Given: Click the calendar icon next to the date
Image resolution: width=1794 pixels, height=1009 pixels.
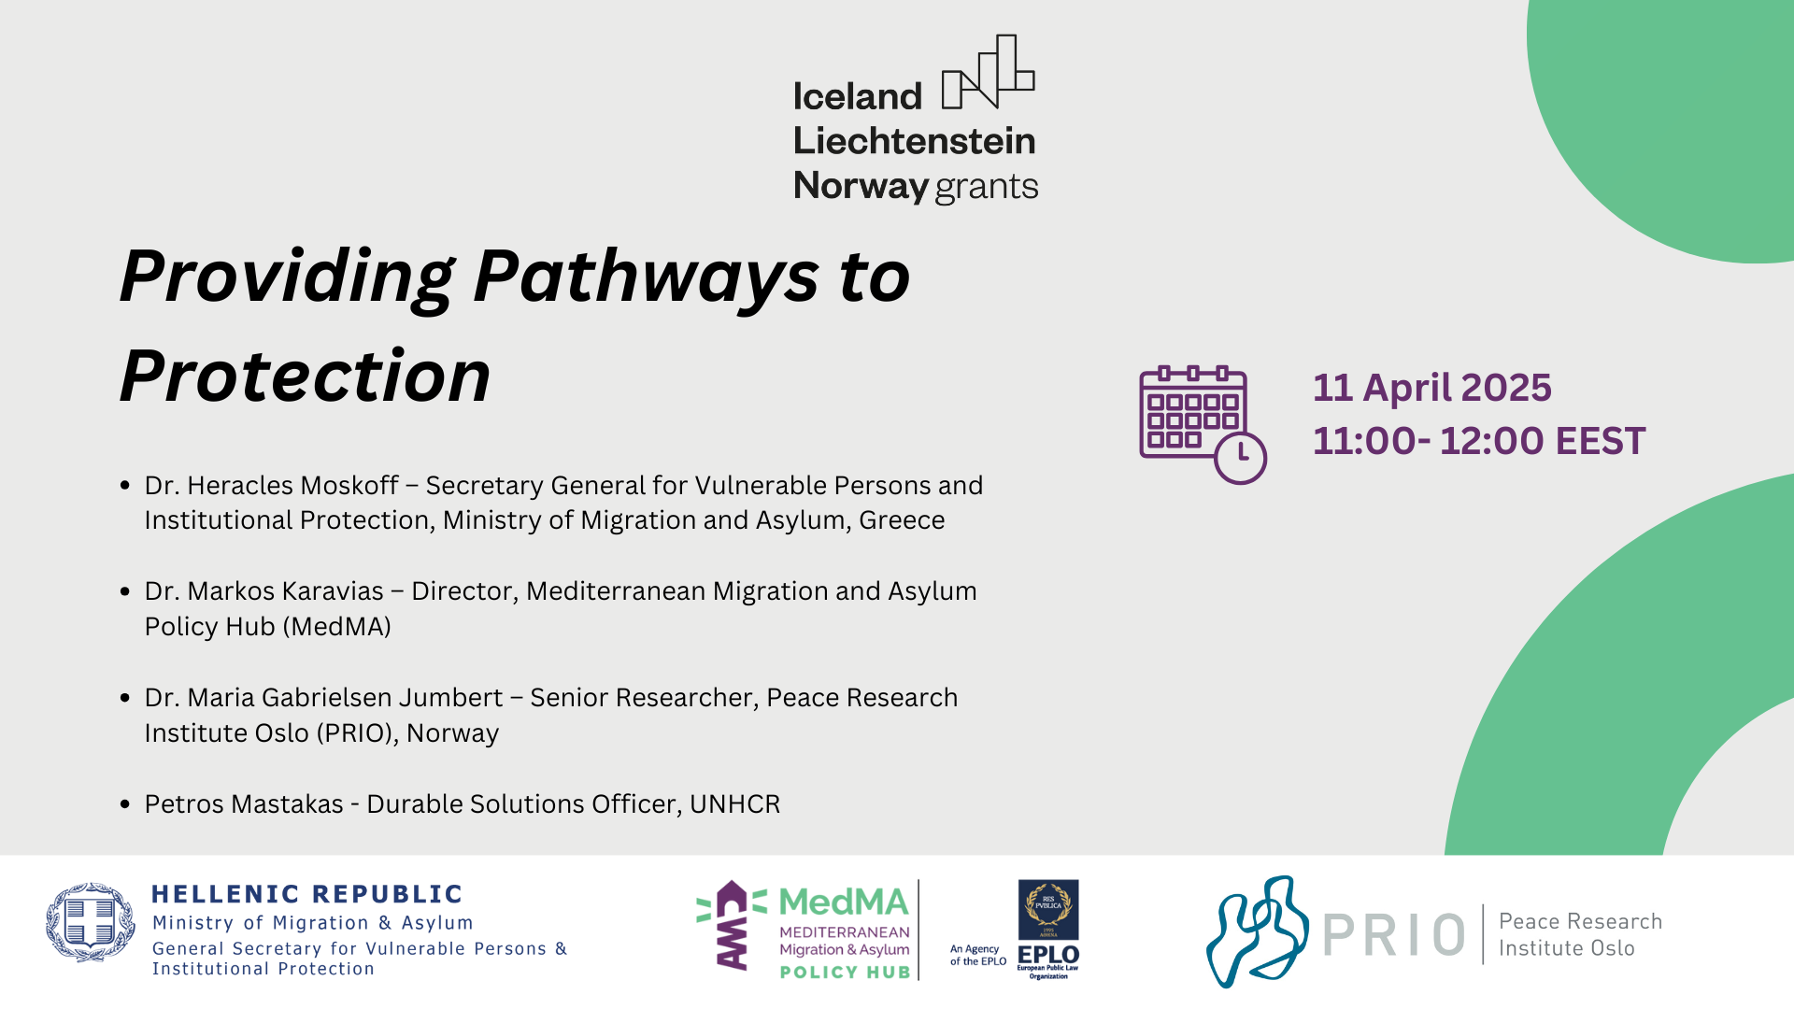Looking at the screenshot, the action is click(1203, 425).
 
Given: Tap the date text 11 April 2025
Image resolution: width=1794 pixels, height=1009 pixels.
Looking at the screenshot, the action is click(1431, 388).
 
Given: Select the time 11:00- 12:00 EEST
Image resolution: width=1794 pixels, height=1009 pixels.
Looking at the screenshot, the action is click(1478, 441).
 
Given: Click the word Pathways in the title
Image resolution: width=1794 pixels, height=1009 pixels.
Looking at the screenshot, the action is click(646, 278).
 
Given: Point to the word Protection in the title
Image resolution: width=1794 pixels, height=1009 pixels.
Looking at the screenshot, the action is click(306, 377).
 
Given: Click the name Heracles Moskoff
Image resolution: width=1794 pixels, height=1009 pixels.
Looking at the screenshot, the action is click(293, 486).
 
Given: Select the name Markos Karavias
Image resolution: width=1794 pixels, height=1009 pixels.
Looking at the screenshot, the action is click(285, 591).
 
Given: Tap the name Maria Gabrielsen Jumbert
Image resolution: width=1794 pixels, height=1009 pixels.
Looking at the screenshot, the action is click(345, 698).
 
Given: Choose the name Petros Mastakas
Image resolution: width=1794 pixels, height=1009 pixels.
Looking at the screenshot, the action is click(244, 804).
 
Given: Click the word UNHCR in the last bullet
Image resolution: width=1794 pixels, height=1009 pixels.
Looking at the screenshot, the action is click(734, 804).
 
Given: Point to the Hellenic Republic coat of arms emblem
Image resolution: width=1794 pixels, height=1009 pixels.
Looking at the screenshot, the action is click(91, 922).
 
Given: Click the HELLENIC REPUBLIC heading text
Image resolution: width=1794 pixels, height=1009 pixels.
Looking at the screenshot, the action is click(306, 894).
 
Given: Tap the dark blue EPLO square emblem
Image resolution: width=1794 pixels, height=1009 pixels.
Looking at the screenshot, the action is click(1048, 910).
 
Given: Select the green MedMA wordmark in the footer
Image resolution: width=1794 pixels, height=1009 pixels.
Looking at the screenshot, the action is click(844, 902).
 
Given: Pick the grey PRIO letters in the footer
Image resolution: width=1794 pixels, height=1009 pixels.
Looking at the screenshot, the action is click(1394, 935).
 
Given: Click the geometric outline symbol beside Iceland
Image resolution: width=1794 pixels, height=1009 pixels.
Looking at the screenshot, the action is click(989, 72).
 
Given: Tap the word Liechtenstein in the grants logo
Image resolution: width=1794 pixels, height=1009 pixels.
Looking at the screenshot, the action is click(915, 141).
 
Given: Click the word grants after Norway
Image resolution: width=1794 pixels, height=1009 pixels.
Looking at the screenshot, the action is click(987, 188).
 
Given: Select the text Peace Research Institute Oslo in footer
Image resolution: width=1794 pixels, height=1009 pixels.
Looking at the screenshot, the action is click(1580, 934).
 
